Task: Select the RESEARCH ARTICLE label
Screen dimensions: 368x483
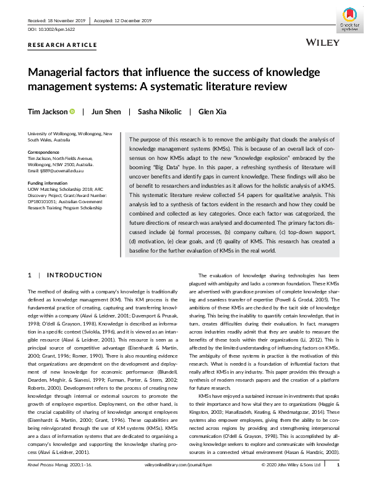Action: point(62,45)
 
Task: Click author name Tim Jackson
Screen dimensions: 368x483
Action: point(46,112)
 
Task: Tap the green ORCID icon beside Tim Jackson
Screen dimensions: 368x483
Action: point(72,112)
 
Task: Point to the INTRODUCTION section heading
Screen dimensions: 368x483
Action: point(75,275)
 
